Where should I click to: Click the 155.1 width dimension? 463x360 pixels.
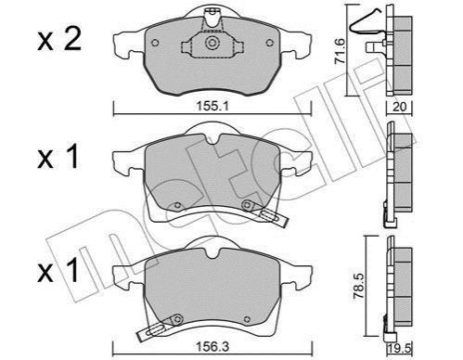click(x=212, y=107)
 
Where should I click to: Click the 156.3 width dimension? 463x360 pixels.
click(x=212, y=347)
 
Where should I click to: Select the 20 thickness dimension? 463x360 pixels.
click(x=399, y=107)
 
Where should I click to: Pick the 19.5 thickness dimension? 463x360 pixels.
click(x=400, y=349)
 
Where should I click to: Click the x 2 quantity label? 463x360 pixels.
click(x=59, y=40)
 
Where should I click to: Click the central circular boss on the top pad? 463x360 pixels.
click(x=212, y=43)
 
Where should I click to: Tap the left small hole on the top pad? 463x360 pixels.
click(x=155, y=43)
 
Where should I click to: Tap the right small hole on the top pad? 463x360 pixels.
click(x=270, y=43)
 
